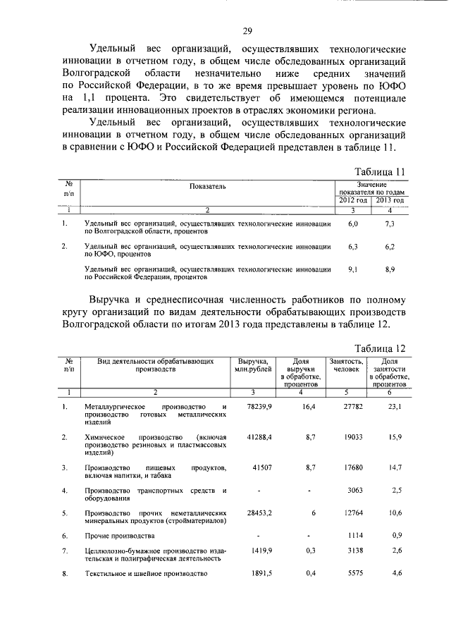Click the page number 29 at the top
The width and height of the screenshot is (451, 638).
[248, 31]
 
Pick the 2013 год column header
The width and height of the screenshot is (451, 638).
[390, 200]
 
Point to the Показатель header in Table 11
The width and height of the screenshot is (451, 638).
[207, 186]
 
